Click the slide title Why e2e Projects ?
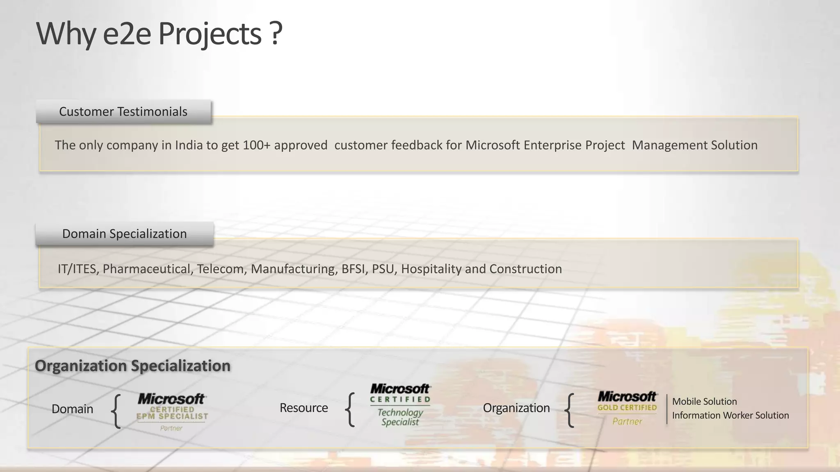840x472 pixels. pos(159,34)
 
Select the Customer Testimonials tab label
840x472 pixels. pos(123,111)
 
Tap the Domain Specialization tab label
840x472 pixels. pos(124,234)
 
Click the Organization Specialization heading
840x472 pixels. pos(132,365)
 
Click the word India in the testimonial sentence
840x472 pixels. pos(189,145)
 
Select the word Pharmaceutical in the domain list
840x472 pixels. pos(147,269)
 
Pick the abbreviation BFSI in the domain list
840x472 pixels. pos(355,269)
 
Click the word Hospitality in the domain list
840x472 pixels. pos(431,269)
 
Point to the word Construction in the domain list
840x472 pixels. pos(525,269)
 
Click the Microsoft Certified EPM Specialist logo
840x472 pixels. pos(172,411)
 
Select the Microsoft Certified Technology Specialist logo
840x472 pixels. pos(400,405)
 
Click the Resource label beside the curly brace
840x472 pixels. pos(304,408)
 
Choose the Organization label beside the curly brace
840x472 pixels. pos(516,408)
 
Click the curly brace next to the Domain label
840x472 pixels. pos(116,411)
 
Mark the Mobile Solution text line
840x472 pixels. pos(704,402)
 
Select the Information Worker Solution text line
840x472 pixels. pos(730,415)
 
